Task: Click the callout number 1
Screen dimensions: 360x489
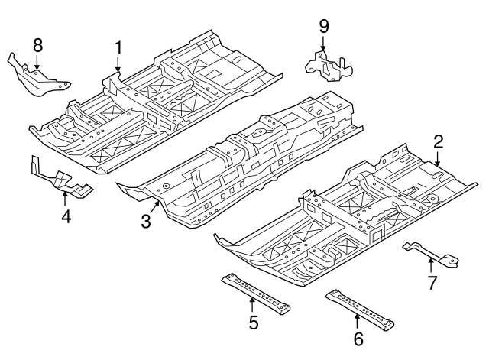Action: [118, 47]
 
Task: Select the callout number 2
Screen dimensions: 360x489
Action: [439, 141]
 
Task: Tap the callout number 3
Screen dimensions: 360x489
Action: [146, 222]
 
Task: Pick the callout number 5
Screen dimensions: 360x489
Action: [253, 321]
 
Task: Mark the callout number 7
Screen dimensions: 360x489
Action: [432, 284]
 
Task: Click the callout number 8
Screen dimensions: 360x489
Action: [37, 45]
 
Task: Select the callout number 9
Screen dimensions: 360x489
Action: [324, 27]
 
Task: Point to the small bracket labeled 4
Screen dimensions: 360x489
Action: [61, 180]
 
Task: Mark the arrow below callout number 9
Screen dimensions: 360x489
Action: [324, 44]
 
